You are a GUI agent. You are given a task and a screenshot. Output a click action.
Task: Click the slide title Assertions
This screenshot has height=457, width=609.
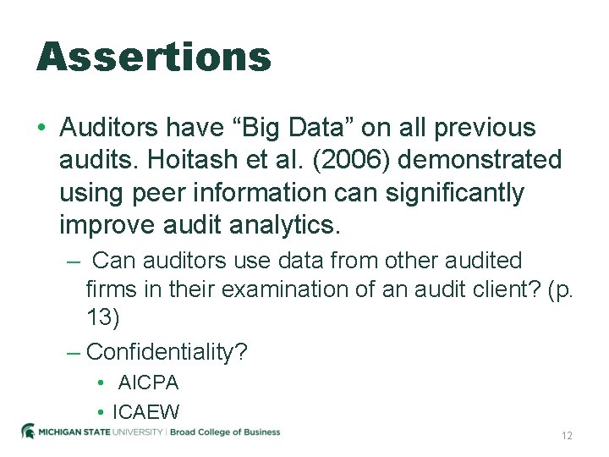154,57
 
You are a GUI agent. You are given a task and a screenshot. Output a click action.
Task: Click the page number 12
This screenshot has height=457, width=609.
567,435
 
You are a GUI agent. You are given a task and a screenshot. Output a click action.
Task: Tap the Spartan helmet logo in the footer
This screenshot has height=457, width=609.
29,431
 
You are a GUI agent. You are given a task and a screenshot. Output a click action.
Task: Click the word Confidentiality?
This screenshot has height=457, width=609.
167,351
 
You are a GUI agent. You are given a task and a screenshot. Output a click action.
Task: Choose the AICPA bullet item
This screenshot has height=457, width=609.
148,383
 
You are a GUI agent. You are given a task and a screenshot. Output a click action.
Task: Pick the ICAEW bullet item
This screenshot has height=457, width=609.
145,412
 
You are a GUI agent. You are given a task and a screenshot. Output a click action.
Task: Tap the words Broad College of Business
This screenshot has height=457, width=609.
225,432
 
